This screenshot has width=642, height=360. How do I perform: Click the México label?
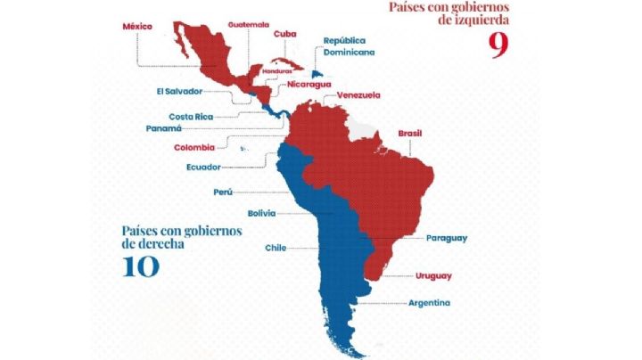click(138, 27)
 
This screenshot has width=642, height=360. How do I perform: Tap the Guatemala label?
click(249, 24)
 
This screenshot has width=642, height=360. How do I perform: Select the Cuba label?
click(284, 34)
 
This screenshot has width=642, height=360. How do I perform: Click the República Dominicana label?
click(349, 46)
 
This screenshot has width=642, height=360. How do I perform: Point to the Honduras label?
click(277, 70)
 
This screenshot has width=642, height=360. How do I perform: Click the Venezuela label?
click(358, 95)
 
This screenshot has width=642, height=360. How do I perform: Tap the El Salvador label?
click(179, 90)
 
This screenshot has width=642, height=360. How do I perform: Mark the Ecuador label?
click(203, 167)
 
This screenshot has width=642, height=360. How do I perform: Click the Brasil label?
click(410, 133)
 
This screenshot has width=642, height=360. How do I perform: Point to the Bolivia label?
click(261, 213)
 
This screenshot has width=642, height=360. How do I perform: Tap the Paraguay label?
click(447, 238)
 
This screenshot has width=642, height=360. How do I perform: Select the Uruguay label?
click(433, 275)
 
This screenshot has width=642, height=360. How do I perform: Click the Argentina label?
click(429, 303)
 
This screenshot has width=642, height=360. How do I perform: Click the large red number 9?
click(498, 45)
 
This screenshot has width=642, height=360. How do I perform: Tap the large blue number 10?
click(141, 265)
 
